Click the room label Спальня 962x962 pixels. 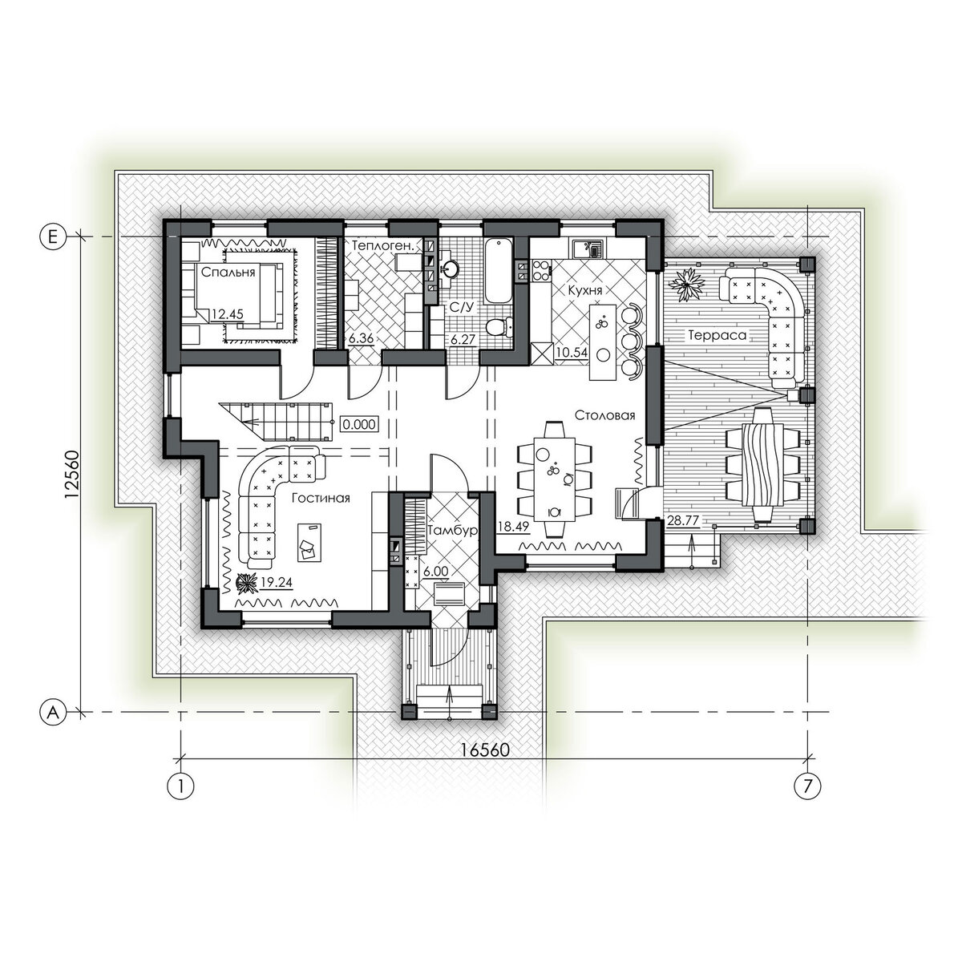pos(228,273)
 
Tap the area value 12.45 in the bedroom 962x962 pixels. pos(227,314)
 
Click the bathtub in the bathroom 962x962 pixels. pos(498,272)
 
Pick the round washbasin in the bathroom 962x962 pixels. pos(451,269)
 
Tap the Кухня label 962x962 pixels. pos(585,290)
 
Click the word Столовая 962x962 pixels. pos(604,415)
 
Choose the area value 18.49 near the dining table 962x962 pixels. pos(514,525)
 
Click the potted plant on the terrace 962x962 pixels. pos(686,285)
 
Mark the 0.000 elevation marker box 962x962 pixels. pos(359,424)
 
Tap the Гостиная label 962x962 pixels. pos(321,498)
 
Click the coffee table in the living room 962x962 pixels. pos(309,542)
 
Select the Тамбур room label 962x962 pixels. pos(453,530)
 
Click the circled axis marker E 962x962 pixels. pos(52,236)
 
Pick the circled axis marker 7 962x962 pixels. pos(807,786)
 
